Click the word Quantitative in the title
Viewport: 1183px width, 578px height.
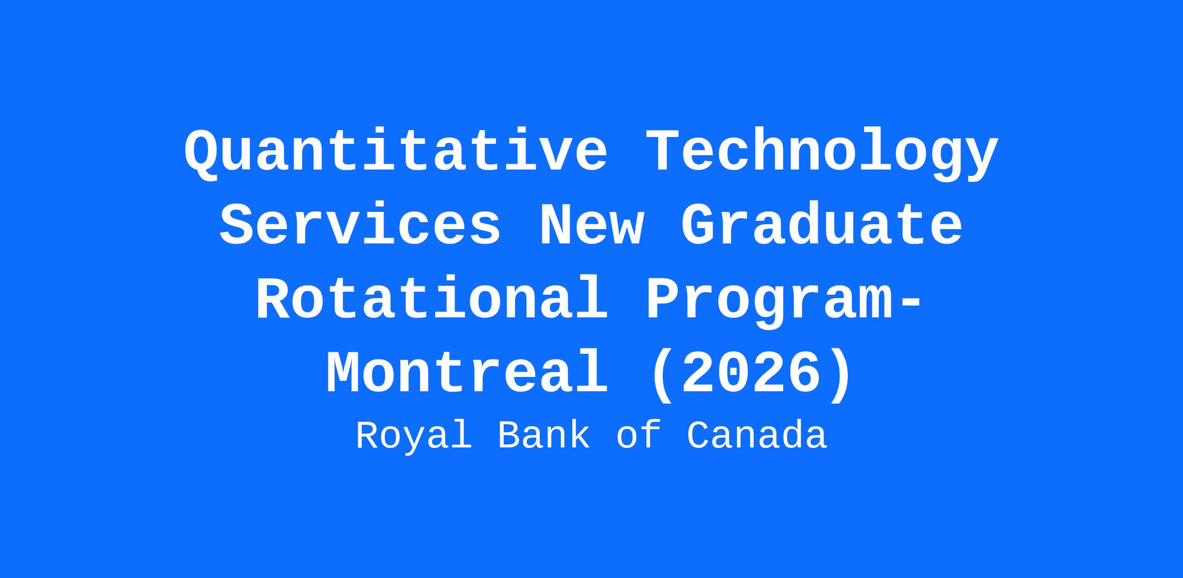coord(396,152)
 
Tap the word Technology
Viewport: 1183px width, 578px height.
coord(822,152)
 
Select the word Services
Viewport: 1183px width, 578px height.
coord(360,226)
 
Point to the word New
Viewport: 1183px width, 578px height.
coord(591,226)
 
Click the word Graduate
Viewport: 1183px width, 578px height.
coord(822,226)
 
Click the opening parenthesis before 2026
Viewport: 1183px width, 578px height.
coord(662,375)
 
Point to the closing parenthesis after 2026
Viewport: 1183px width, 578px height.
coord(839,375)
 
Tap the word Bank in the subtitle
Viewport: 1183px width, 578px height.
coord(544,436)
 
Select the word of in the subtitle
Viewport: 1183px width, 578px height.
coord(638,436)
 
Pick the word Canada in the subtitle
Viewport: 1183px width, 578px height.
coord(757,436)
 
